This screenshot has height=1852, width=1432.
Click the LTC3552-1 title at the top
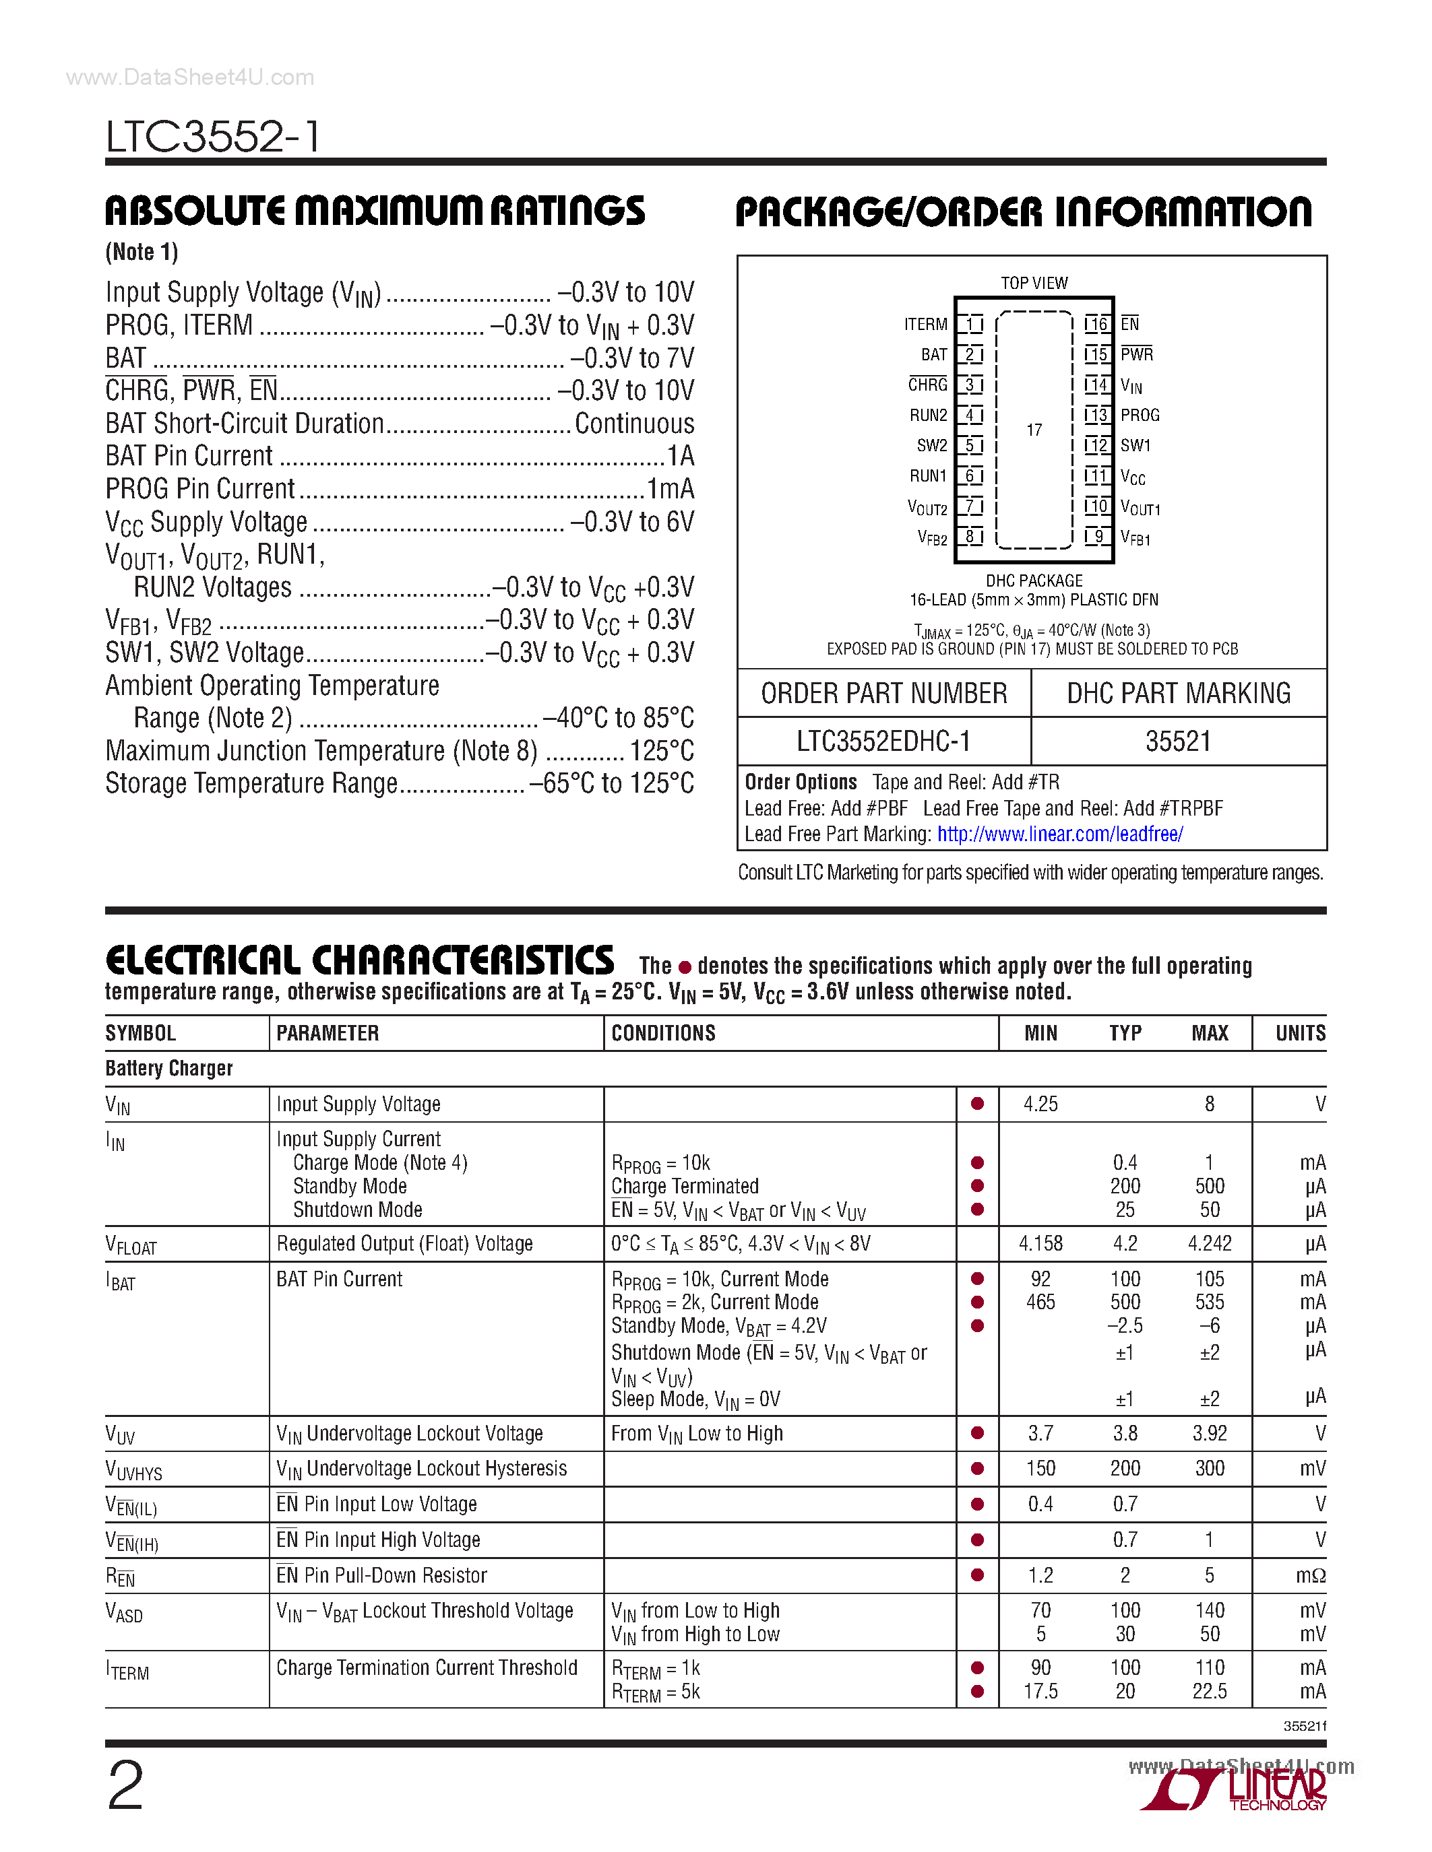[214, 135]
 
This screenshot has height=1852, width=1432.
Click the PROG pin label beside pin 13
[1140, 416]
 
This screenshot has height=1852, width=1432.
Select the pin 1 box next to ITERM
[970, 324]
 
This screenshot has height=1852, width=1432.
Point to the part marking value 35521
[1179, 741]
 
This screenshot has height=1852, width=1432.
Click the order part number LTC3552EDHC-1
[883, 741]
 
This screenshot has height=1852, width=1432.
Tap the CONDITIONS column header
[663, 1033]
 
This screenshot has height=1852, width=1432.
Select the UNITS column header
[1300, 1033]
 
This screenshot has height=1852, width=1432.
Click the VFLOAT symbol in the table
[131, 1245]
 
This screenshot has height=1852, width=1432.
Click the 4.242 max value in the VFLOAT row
[1209, 1244]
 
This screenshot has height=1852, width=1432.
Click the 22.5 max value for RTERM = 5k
[1209, 1692]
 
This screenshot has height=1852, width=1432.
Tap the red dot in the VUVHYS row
[977, 1469]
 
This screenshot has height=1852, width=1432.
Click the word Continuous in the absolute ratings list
[633, 423]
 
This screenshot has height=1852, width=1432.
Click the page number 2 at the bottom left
[125, 1786]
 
